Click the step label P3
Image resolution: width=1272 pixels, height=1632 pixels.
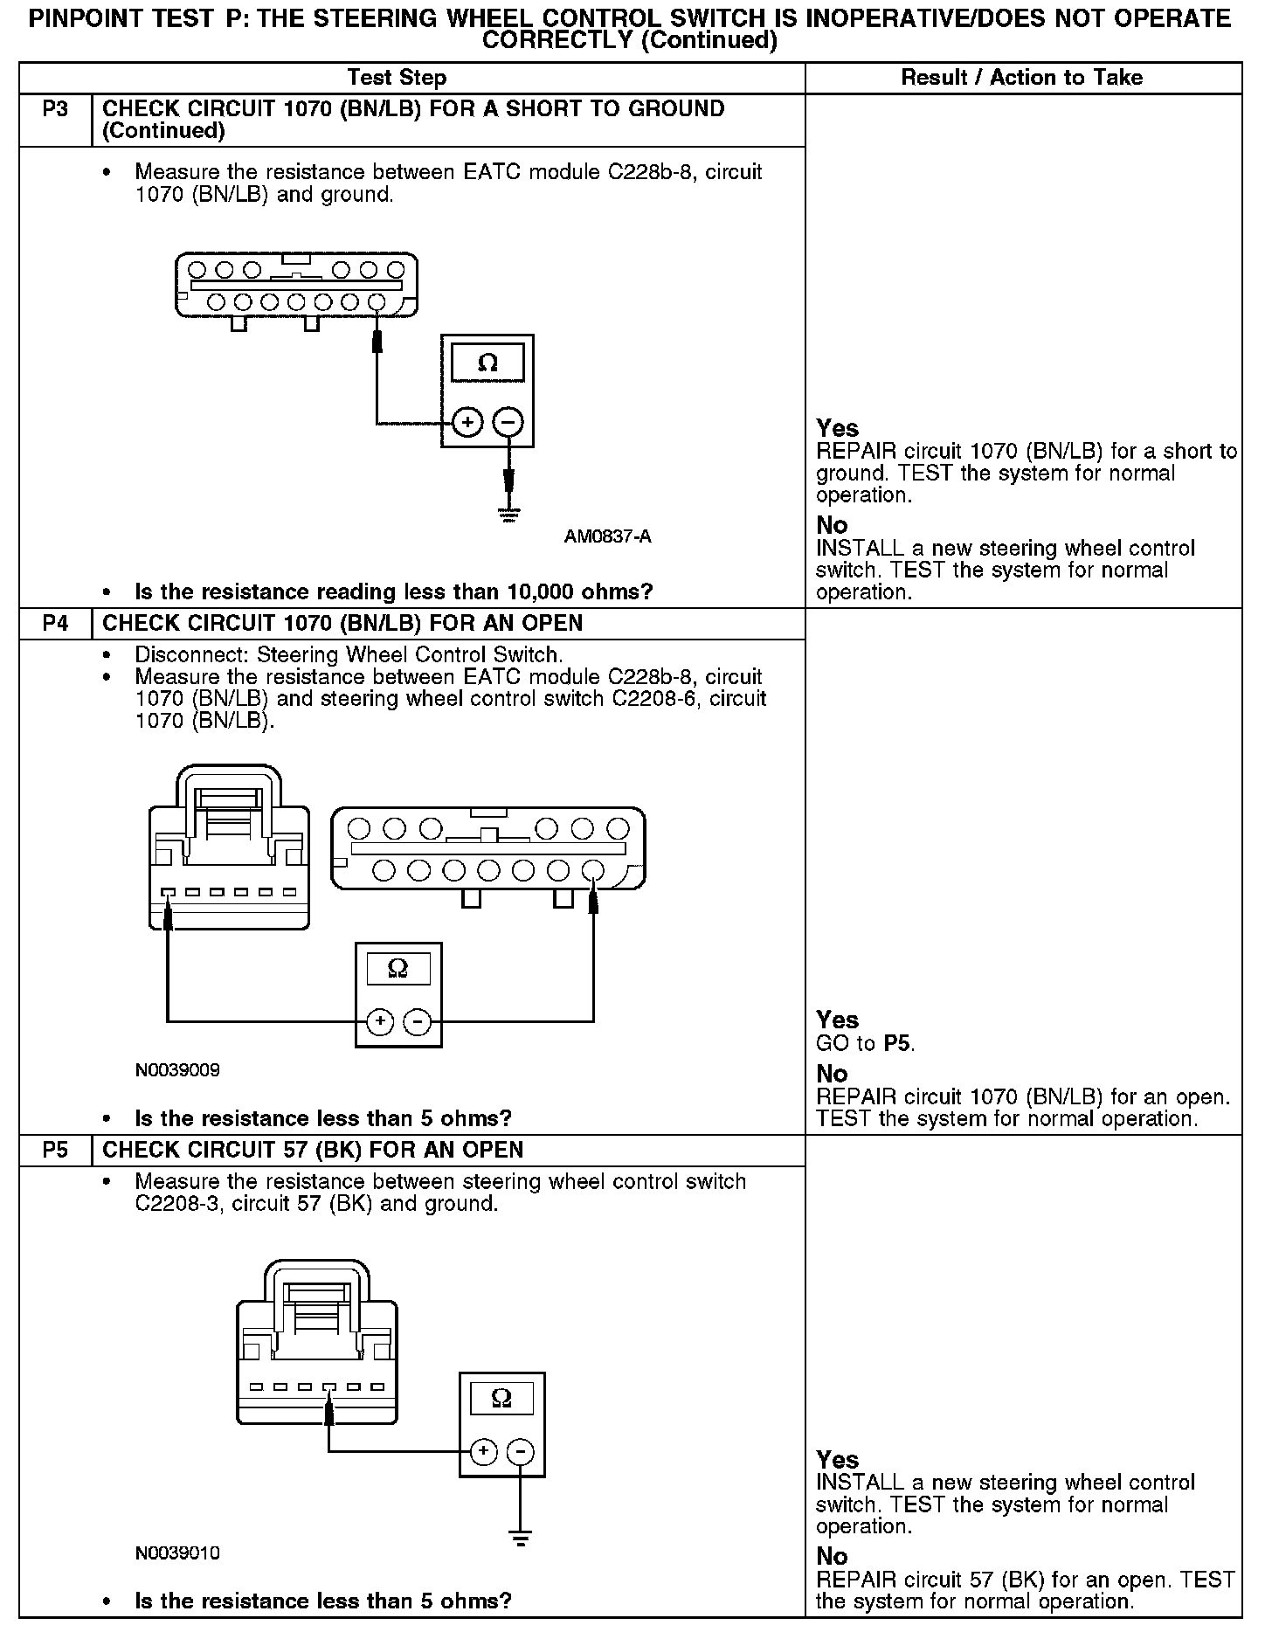(55, 110)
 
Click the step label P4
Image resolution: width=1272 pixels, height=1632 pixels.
(55, 624)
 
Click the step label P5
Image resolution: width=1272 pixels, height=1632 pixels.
(55, 1151)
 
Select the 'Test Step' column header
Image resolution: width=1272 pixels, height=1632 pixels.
(397, 78)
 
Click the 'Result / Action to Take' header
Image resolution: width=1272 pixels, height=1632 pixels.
(1021, 78)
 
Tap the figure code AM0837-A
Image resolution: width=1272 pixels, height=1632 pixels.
(607, 536)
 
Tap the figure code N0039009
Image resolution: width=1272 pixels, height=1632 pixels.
(177, 1070)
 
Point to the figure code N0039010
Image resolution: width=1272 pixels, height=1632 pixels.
(177, 1553)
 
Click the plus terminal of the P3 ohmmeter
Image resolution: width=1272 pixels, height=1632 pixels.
(468, 424)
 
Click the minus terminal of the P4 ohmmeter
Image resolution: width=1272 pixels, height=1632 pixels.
(418, 1021)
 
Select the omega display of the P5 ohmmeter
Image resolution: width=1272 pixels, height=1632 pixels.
(501, 1398)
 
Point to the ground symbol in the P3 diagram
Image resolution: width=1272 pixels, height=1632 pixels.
(508, 515)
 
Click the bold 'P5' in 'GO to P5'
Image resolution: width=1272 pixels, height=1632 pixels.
(898, 1043)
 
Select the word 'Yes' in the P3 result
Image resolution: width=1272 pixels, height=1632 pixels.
(837, 428)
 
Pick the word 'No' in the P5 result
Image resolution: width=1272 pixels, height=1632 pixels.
(832, 1556)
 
